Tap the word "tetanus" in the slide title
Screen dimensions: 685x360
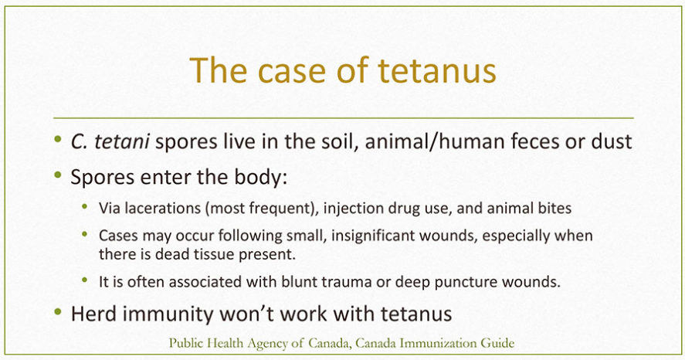[437, 70]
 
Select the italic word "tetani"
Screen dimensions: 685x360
[122, 141]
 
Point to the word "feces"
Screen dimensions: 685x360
[517, 141]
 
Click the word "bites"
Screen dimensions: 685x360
[554, 208]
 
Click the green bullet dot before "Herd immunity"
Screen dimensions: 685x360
[58, 312]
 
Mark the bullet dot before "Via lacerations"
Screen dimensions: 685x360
[85, 206]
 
